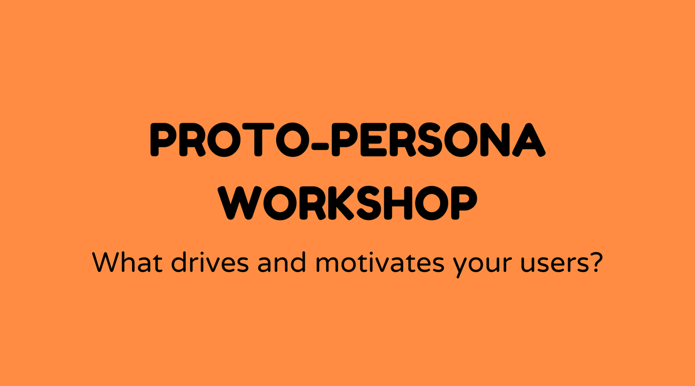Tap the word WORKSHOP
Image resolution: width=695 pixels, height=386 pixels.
coord(348,203)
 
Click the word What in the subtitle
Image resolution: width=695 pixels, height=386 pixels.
coord(127,262)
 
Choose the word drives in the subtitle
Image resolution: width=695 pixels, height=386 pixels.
coord(210,262)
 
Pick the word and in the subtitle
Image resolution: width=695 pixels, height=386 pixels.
coord(281,262)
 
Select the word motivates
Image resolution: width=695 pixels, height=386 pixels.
coord(380,263)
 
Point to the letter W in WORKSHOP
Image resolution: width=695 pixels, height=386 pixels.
coord(240,203)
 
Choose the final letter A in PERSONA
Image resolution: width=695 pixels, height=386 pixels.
coord(529,139)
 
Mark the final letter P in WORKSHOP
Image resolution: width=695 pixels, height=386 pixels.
coord(464,203)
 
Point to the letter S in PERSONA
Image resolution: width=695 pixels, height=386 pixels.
coord(429,139)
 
